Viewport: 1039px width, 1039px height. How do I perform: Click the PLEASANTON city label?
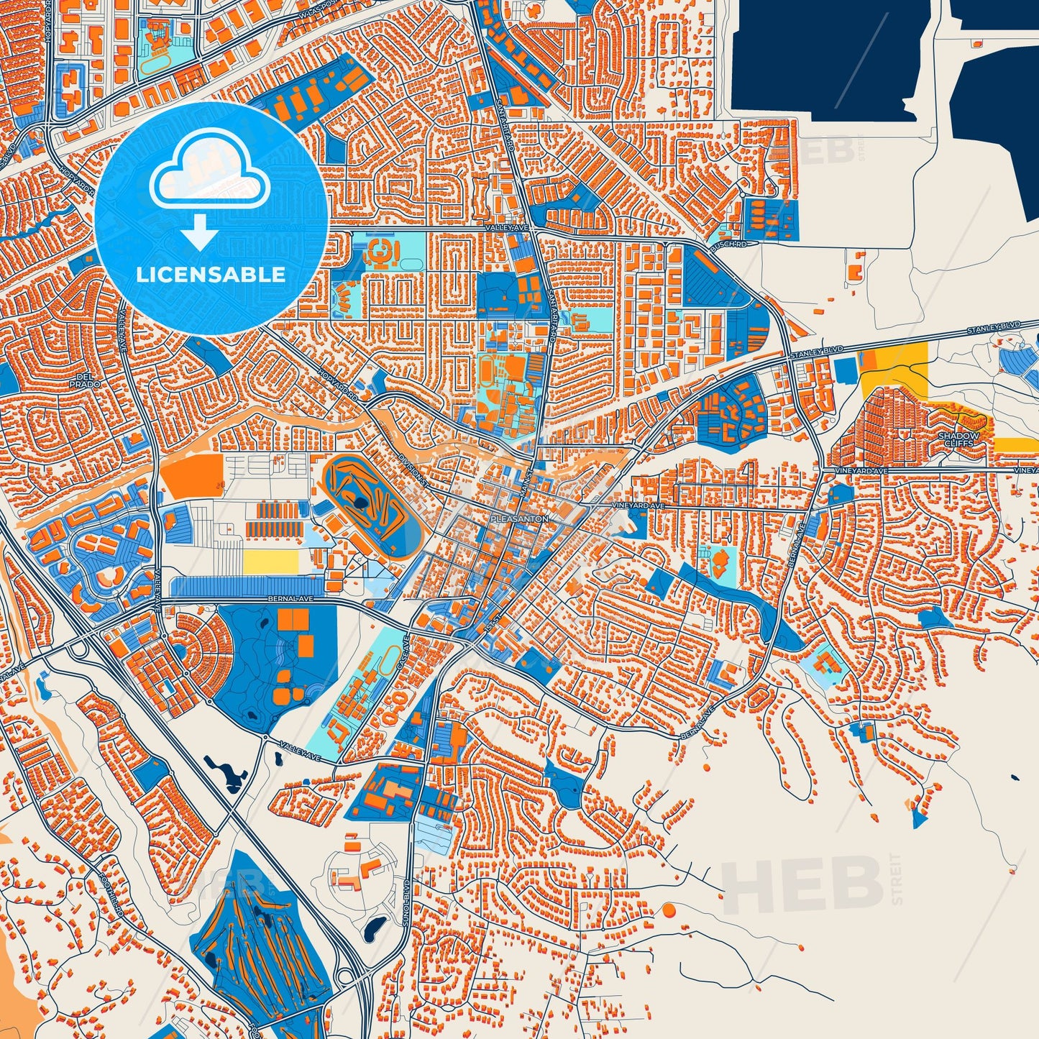coord(519,518)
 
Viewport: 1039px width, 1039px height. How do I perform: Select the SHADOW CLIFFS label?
coord(958,439)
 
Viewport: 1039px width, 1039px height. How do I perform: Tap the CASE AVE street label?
coord(404,648)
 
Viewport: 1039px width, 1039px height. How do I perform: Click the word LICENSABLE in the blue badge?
coord(211,275)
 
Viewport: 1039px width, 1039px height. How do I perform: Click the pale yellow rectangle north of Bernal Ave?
coord(270,562)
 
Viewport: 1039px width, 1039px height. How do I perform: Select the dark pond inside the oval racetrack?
coord(358,500)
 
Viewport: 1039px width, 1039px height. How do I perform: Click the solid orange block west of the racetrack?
coord(188,475)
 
